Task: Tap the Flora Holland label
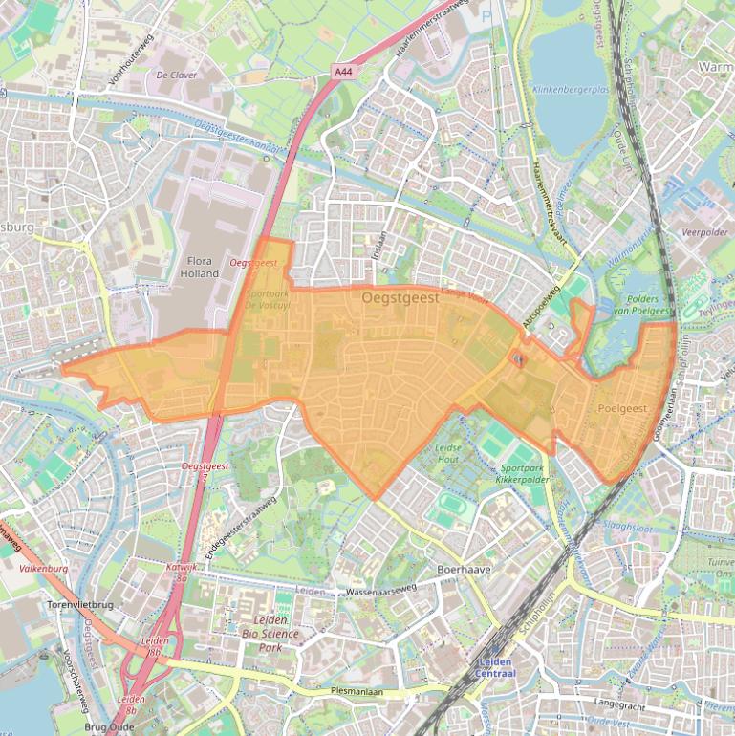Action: point(200,267)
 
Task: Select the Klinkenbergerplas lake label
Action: point(570,89)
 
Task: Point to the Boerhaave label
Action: point(464,569)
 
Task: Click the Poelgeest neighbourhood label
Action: point(622,408)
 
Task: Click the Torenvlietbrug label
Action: point(81,605)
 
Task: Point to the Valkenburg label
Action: point(43,568)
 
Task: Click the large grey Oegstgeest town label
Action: point(400,298)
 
